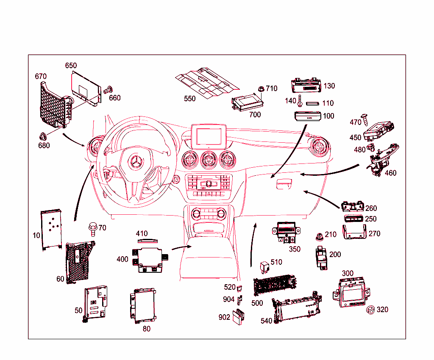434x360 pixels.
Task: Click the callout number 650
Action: coord(71,66)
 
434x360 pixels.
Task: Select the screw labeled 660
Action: coord(108,89)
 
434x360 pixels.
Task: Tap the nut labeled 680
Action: coord(43,136)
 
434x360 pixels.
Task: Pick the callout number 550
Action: coord(190,99)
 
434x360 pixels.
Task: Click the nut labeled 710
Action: coord(261,89)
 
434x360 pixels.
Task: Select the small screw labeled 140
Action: coord(299,101)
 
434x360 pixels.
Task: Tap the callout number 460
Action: coord(390,173)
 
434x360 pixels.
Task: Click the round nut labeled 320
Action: coord(370,310)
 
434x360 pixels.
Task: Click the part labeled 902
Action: coord(237,316)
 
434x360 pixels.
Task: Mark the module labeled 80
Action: coord(143,305)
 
